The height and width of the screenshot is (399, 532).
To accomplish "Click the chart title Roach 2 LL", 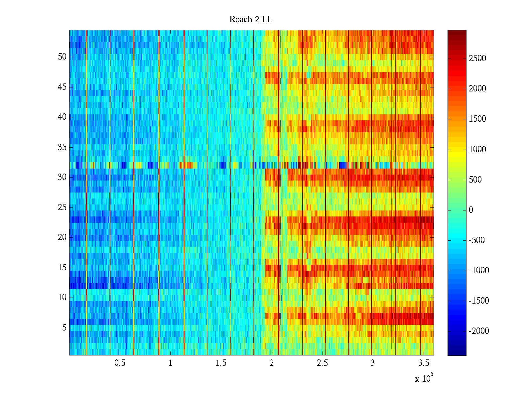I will coord(251,20).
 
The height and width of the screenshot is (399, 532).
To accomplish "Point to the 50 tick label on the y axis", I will coord(62,57).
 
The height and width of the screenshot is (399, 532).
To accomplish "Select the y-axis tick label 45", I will coord(62,87).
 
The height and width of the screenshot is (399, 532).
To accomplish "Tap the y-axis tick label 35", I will coord(62,147).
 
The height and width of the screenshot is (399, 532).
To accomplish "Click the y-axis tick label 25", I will coord(62,207).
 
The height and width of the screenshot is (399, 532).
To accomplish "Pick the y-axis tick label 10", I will coord(62,298).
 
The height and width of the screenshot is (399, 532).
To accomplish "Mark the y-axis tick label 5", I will coord(64,328).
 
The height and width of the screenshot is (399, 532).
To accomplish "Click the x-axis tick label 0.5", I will coord(120,363).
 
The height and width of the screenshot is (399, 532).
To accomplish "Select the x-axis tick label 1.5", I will coord(221,363).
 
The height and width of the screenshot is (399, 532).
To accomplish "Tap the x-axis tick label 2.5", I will coord(322,363).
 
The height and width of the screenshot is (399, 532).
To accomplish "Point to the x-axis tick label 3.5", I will coord(423,363).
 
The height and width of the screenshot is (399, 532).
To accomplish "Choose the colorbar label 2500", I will coord(477,59).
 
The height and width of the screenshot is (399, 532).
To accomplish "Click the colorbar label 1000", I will coord(477,149).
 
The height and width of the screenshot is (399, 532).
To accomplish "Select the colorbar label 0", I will coord(471,210).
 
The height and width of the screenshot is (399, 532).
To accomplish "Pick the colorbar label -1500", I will coord(478,301).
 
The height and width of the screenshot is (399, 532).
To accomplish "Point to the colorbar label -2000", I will coord(478,331).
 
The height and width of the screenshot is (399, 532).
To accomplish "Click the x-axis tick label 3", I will coord(372,363).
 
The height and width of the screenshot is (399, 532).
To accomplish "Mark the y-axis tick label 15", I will coord(62,268).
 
